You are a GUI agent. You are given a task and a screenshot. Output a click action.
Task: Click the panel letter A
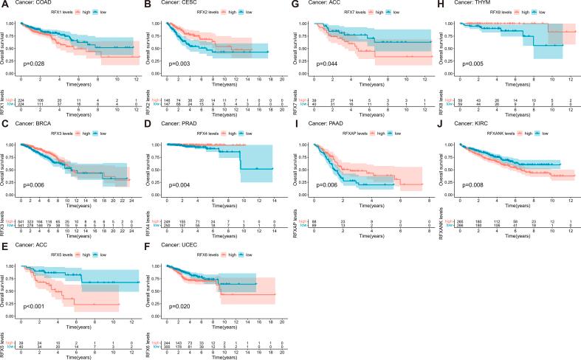(x=4, y=5)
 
